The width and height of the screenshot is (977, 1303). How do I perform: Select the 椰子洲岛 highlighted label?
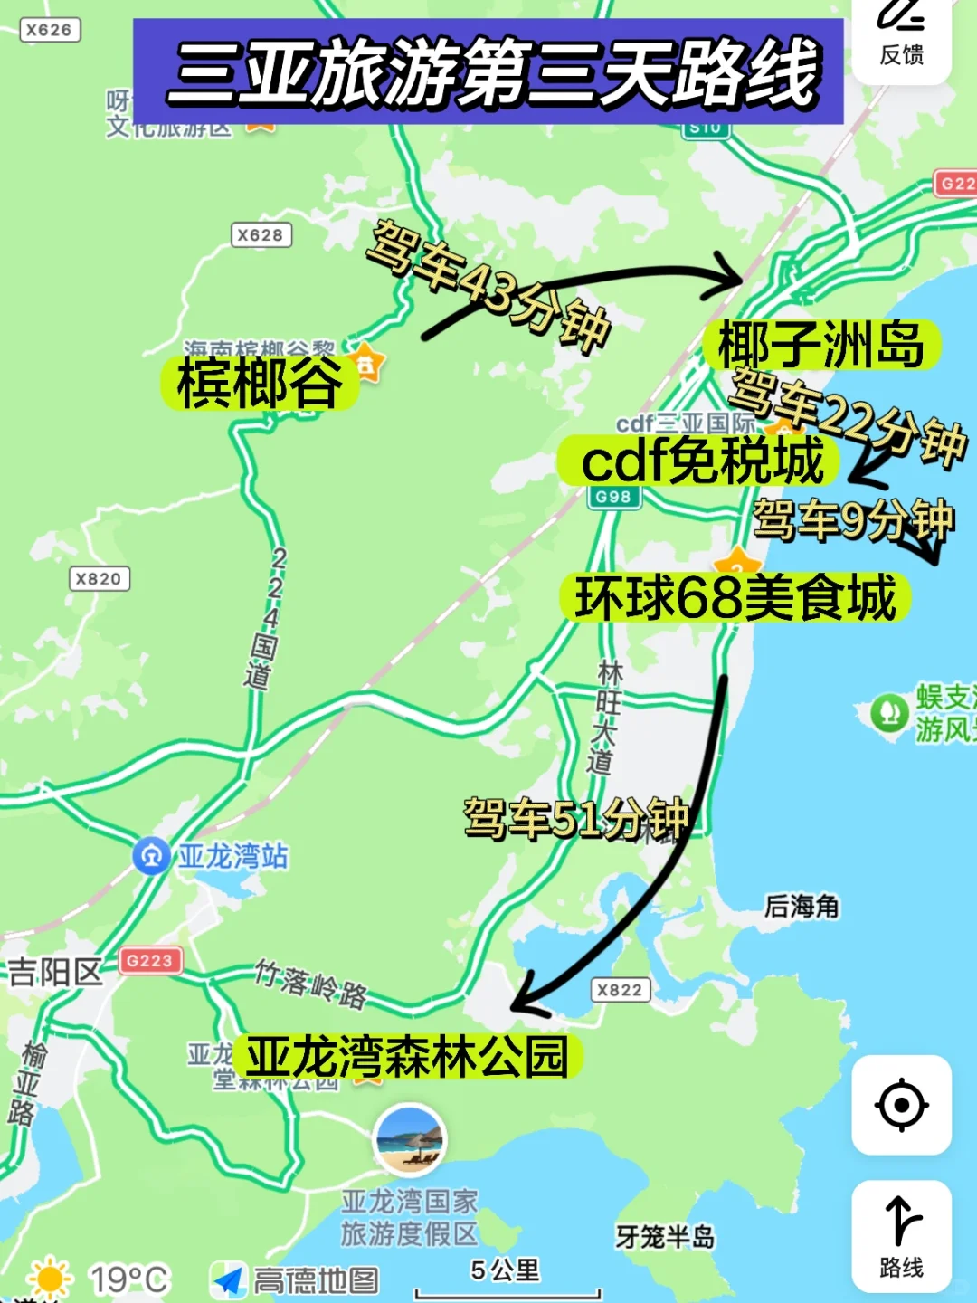coord(820,345)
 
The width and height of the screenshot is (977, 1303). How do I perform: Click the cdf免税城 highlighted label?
coord(700,461)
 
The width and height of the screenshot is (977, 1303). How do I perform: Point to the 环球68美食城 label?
coord(735,598)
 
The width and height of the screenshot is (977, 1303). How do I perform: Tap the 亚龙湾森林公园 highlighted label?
coord(407,1056)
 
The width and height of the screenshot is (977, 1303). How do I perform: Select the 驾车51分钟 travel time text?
coord(576,819)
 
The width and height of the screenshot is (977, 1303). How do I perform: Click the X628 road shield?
coord(261,235)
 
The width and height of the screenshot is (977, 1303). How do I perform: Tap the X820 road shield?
coord(99,579)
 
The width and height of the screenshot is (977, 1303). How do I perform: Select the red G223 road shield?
coord(149,960)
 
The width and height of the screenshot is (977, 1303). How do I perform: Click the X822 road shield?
coord(620,990)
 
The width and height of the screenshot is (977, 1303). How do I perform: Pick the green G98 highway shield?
coord(613,497)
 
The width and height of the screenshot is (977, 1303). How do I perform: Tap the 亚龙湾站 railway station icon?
coord(151,855)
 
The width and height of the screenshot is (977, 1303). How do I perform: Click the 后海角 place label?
coord(802,906)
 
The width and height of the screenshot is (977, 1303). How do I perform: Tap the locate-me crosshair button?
coord(901,1105)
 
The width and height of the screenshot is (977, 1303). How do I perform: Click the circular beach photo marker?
coord(410,1139)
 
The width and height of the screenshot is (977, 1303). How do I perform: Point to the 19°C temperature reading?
coord(128,1279)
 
